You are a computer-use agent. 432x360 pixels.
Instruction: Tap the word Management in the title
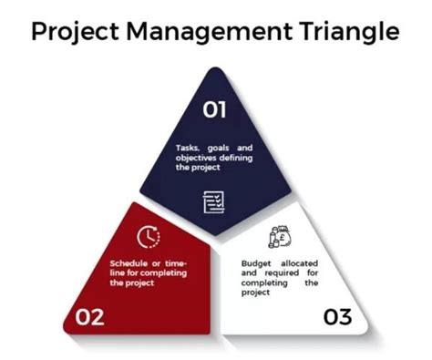click(x=207, y=33)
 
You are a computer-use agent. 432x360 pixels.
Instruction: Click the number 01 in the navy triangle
click(x=215, y=110)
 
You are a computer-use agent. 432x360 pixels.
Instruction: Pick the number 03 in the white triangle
click(x=337, y=318)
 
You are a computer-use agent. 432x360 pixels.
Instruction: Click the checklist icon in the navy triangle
click(x=214, y=201)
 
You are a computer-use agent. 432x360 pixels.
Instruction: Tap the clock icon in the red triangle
click(x=148, y=237)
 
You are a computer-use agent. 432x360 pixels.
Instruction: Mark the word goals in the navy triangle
click(x=220, y=147)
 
